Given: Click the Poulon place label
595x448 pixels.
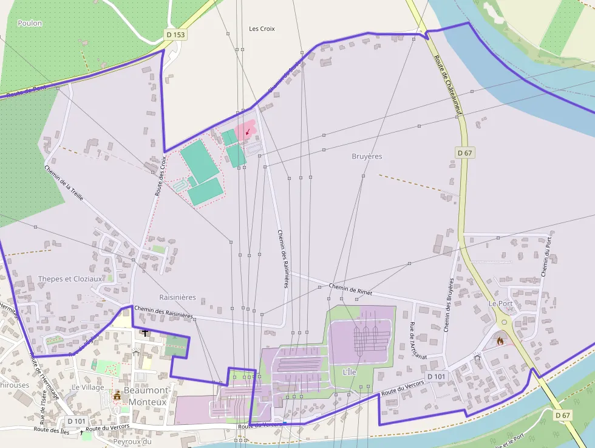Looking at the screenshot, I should [x=30, y=23].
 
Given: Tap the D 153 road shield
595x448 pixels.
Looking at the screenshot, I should [x=175, y=35].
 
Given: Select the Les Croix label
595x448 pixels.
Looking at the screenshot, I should [x=262, y=29].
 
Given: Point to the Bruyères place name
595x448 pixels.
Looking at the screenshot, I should [x=367, y=156].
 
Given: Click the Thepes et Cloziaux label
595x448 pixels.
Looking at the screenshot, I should [x=71, y=279].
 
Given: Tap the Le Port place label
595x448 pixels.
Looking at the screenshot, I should [x=501, y=303].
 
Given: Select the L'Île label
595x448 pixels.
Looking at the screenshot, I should [x=349, y=372].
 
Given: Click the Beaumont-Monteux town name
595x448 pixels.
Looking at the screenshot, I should [x=145, y=396].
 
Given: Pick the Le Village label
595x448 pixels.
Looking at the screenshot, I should [x=88, y=387].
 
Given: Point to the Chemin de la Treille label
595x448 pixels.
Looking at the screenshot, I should [x=63, y=183].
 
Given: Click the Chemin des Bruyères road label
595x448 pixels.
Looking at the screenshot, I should [x=449, y=305].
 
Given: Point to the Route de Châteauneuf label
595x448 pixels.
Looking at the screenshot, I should [x=449, y=86].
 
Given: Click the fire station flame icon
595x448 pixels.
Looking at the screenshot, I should [x=500, y=341].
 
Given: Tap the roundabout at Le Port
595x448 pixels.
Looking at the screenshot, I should [x=504, y=322].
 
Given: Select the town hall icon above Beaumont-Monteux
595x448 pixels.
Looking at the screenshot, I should [x=117, y=396].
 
